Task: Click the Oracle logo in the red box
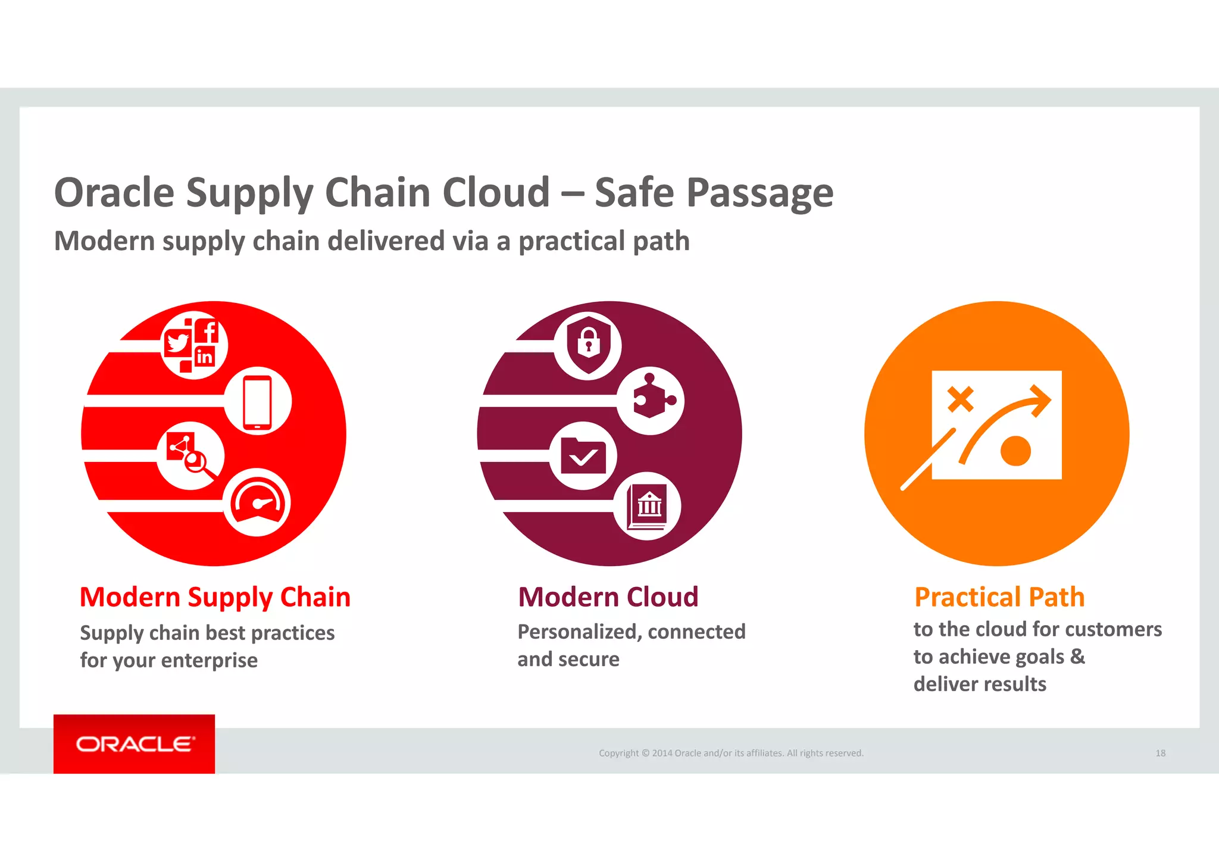[x=135, y=744]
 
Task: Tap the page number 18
[x=1160, y=753]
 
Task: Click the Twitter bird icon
[x=177, y=343]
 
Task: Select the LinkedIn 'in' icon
[x=204, y=357]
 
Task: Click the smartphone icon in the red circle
[x=257, y=401]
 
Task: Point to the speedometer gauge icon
[x=257, y=502]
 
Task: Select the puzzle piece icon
[x=651, y=398]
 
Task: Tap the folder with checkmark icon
[x=583, y=457]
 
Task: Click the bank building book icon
[x=648, y=507]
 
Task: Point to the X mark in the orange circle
[x=960, y=399]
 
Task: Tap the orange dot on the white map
[x=1015, y=451]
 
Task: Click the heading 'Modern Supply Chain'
[x=215, y=597]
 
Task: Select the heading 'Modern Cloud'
[x=608, y=597]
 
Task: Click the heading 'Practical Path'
[x=999, y=597]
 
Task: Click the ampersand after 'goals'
[x=1077, y=656]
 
